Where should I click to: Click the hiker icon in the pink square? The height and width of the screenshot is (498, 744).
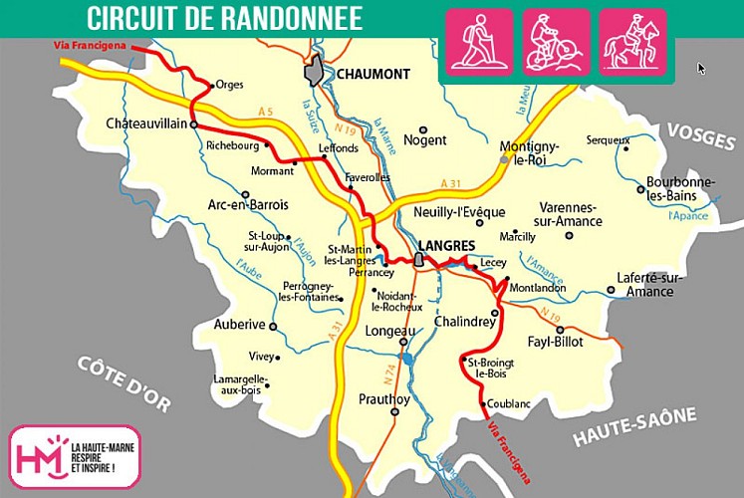click(479, 42)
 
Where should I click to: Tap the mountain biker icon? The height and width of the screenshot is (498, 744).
click(556, 42)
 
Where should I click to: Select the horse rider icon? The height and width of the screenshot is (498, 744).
click(632, 42)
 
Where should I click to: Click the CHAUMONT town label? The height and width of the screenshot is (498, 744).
click(373, 74)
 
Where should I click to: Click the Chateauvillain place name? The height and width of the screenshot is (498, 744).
click(146, 124)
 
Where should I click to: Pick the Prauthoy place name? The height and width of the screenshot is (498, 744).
click(383, 399)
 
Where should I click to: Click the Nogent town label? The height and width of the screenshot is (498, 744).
click(424, 140)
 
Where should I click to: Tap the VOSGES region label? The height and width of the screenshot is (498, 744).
click(700, 137)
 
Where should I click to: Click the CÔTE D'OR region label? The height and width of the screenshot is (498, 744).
click(124, 382)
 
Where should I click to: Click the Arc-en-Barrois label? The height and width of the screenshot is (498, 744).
click(248, 205)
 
